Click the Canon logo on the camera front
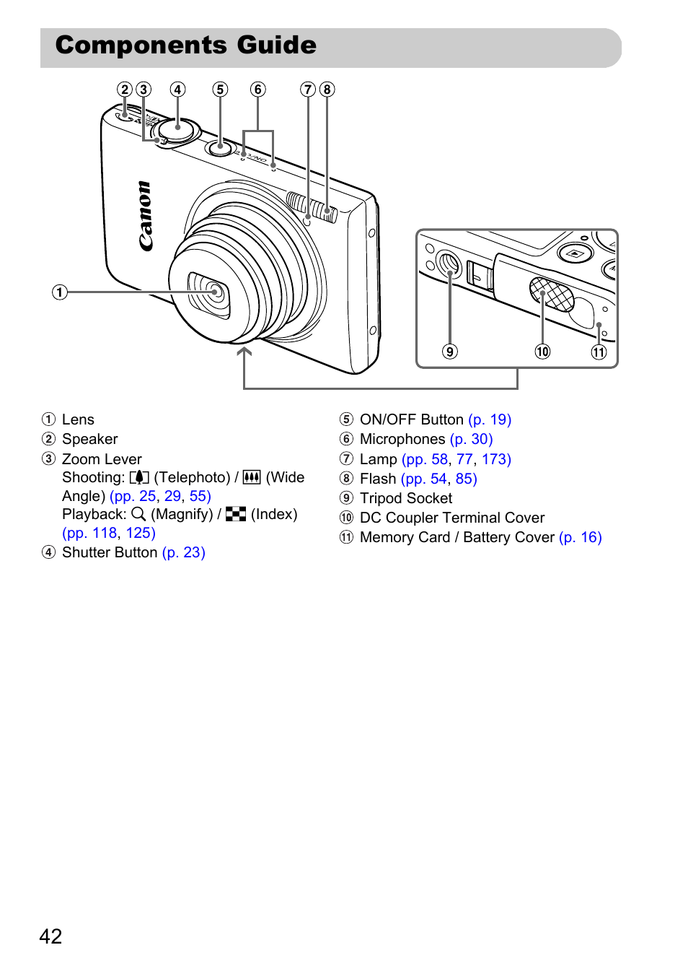[x=146, y=216]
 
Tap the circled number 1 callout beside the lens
[x=60, y=292]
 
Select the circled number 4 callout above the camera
[x=177, y=90]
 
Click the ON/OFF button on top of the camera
[x=221, y=147]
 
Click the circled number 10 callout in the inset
[x=542, y=351]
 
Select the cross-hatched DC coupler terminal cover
[x=551, y=294]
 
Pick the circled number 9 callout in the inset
[x=450, y=351]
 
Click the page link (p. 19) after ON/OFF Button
[x=490, y=419]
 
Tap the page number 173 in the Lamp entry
[x=497, y=459]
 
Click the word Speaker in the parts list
[x=89, y=439]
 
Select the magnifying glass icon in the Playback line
[x=138, y=514]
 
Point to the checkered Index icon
[x=236, y=514]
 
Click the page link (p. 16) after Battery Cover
[x=581, y=538]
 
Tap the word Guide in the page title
[x=276, y=45]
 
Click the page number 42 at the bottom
[x=50, y=936]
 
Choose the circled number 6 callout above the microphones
[x=257, y=90]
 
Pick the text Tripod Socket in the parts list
[x=406, y=499]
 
